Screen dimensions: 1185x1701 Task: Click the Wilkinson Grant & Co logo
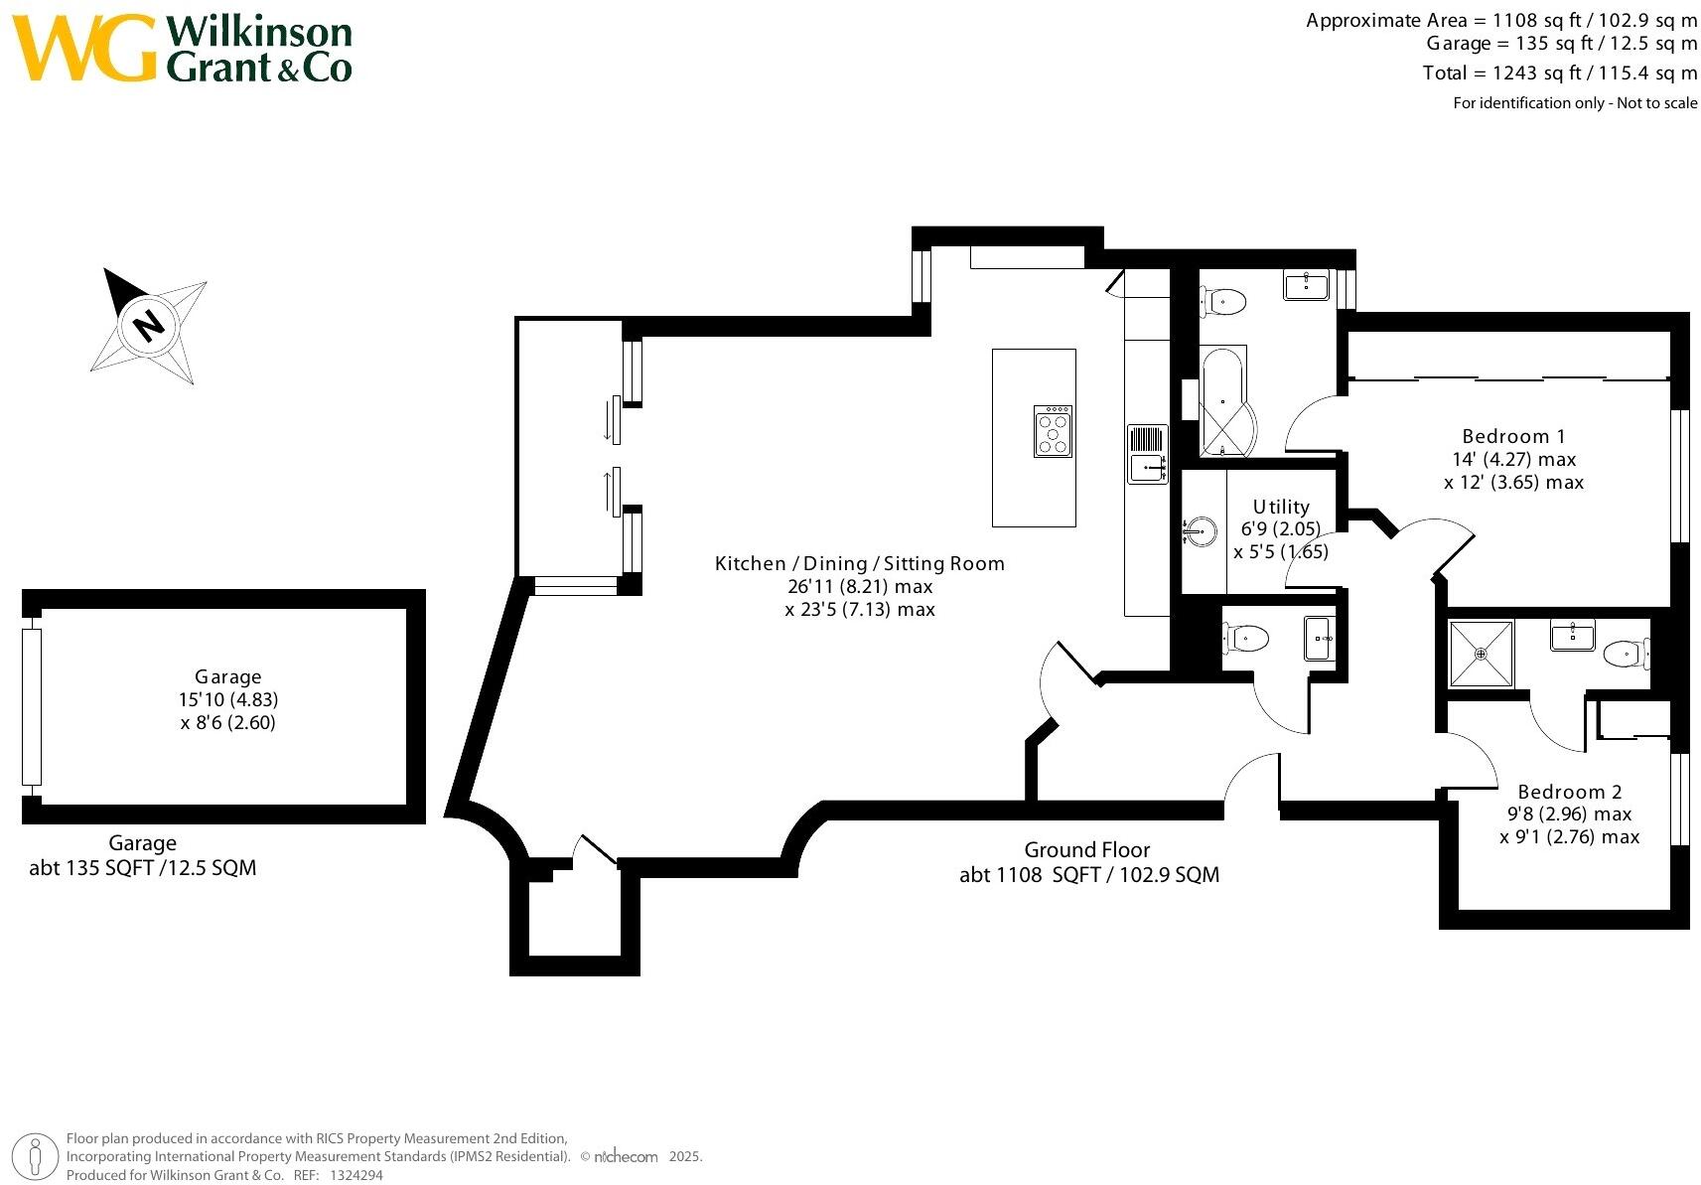(184, 48)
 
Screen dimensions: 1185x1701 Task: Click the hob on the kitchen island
(1053, 431)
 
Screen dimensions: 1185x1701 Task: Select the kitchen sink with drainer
(1147, 454)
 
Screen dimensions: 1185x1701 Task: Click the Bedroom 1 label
(1512, 436)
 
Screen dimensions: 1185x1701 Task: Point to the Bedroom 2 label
(1569, 792)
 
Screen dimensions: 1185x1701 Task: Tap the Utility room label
(1280, 507)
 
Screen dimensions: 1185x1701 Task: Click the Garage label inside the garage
(228, 676)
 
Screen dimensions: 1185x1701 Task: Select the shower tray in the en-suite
(1481, 654)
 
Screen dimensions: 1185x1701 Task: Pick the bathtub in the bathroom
(1222, 400)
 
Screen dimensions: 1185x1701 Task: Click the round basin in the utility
(1201, 531)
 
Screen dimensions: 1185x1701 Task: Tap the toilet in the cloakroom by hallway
(1247, 638)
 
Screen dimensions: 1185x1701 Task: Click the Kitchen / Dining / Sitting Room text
(859, 563)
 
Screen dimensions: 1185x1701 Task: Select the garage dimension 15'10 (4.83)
(228, 699)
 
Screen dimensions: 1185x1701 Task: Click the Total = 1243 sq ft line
(1559, 73)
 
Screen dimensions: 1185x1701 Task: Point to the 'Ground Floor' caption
(1086, 850)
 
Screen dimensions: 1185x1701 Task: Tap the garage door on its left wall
(32, 707)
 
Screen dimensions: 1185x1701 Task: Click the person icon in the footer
(36, 1157)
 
